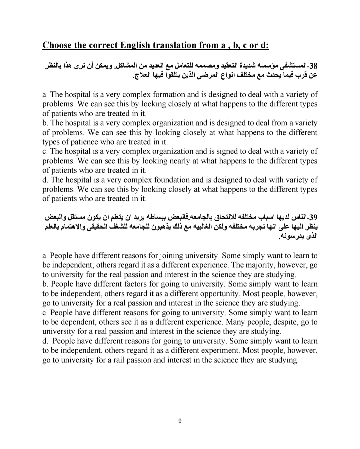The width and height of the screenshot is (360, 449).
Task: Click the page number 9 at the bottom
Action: pos(180,421)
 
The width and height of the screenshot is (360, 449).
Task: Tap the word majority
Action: pos(260,265)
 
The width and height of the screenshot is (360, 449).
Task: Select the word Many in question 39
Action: pos(235,322)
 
